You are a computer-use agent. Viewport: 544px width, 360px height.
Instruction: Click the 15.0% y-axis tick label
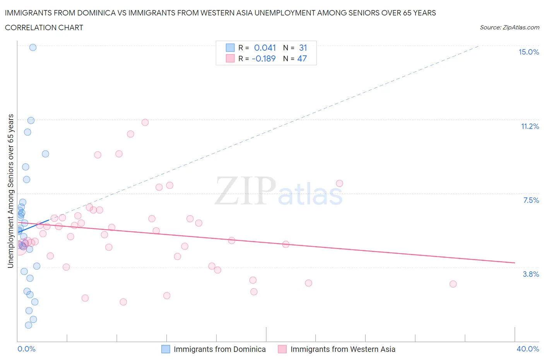click(x=529, y=52)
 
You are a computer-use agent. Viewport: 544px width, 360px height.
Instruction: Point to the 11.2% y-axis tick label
click(x=530, y=126)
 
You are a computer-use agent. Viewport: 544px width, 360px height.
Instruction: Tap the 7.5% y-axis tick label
click(x=531, y=200)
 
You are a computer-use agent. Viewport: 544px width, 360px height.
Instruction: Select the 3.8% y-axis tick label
click(x=531, y=274)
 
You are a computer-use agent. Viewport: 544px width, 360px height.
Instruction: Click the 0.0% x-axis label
click(x=26, y=349)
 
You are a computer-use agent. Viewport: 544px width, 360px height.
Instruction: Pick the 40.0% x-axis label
click(x=528, y=349)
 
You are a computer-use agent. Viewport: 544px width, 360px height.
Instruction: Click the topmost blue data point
click(x=33, y=47)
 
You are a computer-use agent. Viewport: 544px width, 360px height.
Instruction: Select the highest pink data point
click(x=145, y=122)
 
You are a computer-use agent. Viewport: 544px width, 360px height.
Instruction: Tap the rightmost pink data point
click(x=453, y=284)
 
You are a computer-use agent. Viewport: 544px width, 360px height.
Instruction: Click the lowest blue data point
click(x=29, y=325)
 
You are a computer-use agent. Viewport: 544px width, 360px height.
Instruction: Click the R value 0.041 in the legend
click(x=265, y=48)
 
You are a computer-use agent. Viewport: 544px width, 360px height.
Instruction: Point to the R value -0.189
click(x=264, y=58)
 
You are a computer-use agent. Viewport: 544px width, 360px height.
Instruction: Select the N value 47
click(x=302, y=58)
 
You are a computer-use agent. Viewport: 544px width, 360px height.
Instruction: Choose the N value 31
click(x=303, y=48)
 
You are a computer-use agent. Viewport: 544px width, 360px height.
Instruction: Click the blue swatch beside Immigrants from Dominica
click(x=166, y=349)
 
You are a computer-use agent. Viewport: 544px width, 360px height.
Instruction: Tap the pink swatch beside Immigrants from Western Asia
click(x=282, y=349)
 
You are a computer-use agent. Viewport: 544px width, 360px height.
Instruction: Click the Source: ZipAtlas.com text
click(x=509, y=27)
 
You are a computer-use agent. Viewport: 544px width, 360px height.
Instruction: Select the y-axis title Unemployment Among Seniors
click(x=10, y=191)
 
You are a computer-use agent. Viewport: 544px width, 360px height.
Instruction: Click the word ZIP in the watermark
click(x=245, y=190)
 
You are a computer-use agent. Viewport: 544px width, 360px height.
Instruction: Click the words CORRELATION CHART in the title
click(x=44, y=27)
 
